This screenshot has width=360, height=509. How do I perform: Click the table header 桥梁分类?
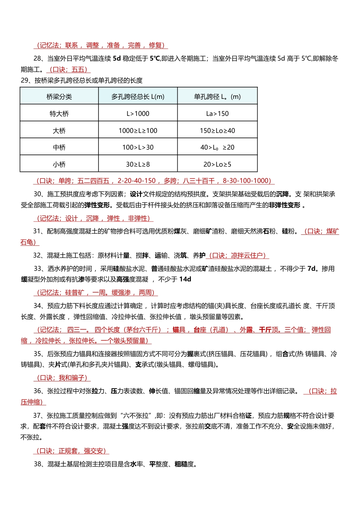[x=59, y=97]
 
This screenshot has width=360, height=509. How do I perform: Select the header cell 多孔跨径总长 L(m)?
[x=138, y=97]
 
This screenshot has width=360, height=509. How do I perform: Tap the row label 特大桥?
[x=59, y=114]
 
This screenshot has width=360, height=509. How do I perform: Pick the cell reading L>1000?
[x=138, y=114]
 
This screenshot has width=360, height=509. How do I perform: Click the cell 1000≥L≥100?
[x=138, y=131]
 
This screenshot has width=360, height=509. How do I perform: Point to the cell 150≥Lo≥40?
[x=218, y=131]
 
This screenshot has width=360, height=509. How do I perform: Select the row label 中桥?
[x=59, y=147]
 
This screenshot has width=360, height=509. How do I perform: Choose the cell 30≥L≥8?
[x=138, y=164]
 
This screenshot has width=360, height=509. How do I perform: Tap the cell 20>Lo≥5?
[x=218, y=164]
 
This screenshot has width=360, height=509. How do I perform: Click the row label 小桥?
[x=59, y=164]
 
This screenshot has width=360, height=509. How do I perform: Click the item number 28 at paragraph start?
[x=37, y=58]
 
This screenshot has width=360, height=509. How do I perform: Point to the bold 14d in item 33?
[x=185, y=279]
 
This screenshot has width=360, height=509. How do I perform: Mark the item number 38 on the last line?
[x=37, y=464]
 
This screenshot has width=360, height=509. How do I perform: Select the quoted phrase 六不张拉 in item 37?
[x=135, y=415]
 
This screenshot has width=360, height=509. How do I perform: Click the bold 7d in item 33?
[x=311, y=269]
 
